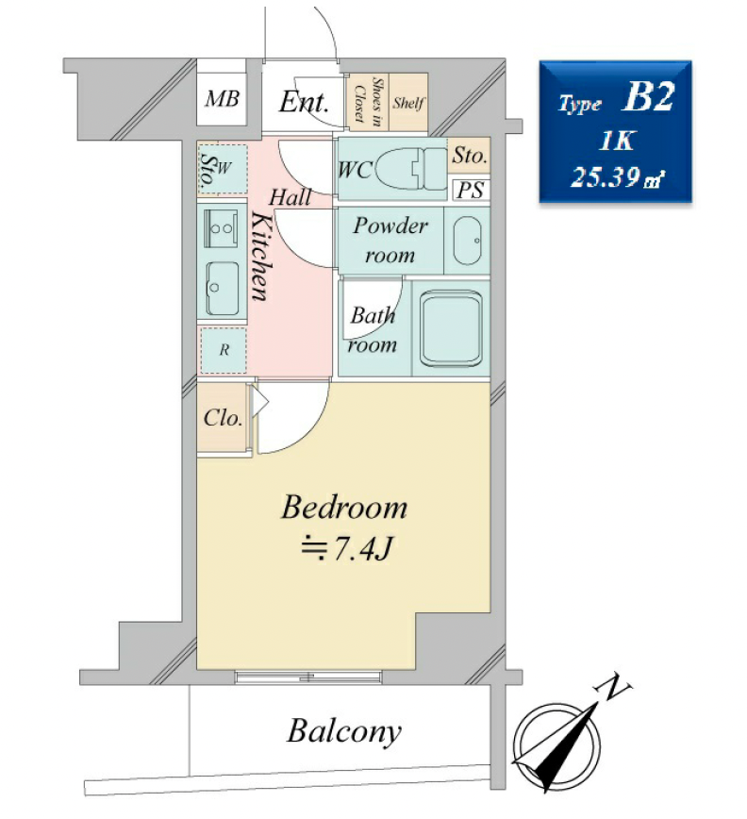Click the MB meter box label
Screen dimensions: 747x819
[x=222, y=99]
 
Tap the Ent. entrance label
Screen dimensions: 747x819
[x=304, y=102]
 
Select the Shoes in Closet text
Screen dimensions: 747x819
[x=368, y=101]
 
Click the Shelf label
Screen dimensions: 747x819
[x=408, y=102]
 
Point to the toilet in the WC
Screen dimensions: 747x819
[x=409, y=169]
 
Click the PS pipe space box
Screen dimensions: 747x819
[x=471, y=191]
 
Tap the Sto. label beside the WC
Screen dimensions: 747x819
[x=470, y=155]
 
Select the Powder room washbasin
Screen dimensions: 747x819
[x=467, y=241]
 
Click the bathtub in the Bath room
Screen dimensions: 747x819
[x=451, y=328]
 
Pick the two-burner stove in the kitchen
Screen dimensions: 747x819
[x=222, y=228]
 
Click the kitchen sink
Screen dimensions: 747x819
[x=223, y=288]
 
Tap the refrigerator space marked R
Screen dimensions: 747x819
[x=224, y=350]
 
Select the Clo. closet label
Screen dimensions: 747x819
[x=223, y=418]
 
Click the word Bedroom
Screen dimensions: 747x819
[x=344, y=508]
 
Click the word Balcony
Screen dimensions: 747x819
[x=344, y=732]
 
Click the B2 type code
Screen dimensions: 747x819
[x=648, y=97]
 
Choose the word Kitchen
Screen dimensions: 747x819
[x=261, y=256]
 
